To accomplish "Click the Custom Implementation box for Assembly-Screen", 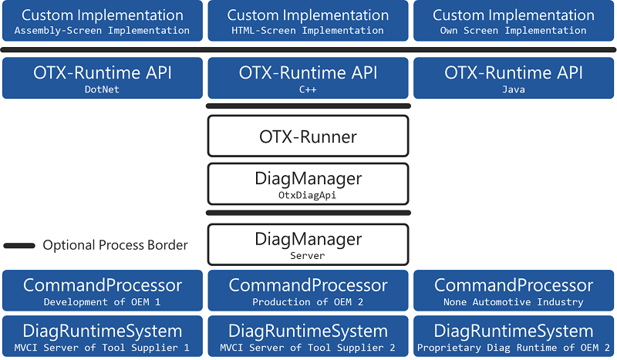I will (102, 21).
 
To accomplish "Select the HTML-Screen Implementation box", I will (308, 21).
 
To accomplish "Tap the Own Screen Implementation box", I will (514, 21).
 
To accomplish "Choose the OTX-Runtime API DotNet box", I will (102, 79).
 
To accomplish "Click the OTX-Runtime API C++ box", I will (308, 79).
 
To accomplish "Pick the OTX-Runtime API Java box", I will (514, 79).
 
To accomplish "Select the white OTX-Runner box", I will (308, 136).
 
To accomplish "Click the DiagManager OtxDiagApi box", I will (308, 184).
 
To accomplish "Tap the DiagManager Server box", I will (308, 244).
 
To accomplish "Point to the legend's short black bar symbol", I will (19, 246).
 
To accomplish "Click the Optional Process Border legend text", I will (115, 245).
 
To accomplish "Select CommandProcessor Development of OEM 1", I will (102, 291).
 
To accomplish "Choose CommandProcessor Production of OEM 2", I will (308, 291).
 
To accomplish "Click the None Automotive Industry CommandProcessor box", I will (514, 291).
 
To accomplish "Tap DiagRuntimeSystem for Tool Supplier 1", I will (102, 336).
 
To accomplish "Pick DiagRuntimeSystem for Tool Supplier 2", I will (308, 336).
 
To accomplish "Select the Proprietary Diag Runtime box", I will (514, 336).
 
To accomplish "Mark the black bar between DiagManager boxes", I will (308, 213).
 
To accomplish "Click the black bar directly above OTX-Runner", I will (308, 106).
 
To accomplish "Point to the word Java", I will (514, 89).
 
